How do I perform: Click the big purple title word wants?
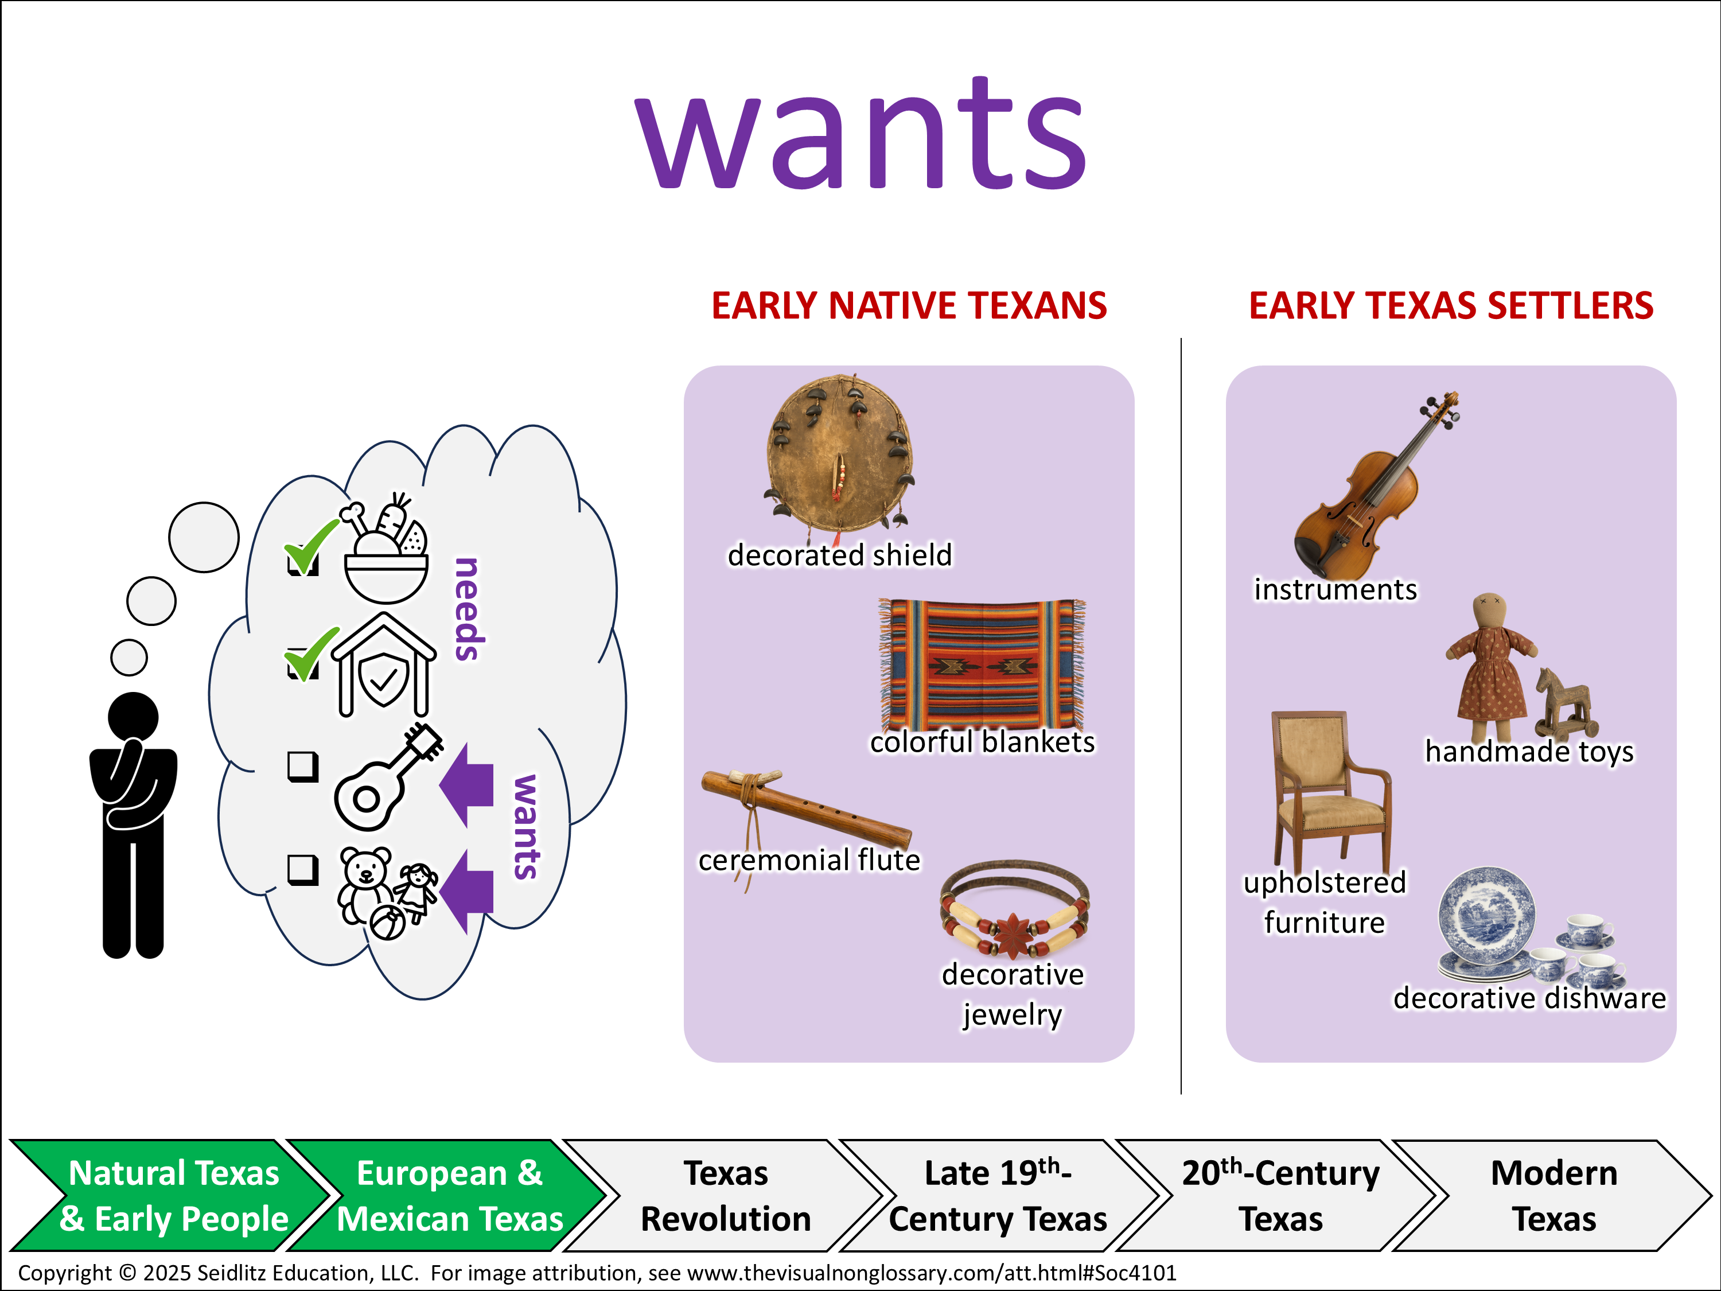pyautogui.click(x=860, y=133)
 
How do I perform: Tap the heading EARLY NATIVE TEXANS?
pyautogui.click(x=909, y=305)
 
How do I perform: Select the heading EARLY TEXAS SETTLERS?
pyautogui.click(x=1451, y=305)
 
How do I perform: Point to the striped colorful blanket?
pyautogui.click(x=983, y=664)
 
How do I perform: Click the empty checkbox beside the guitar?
pyautogui.click(x=303, y=767)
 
